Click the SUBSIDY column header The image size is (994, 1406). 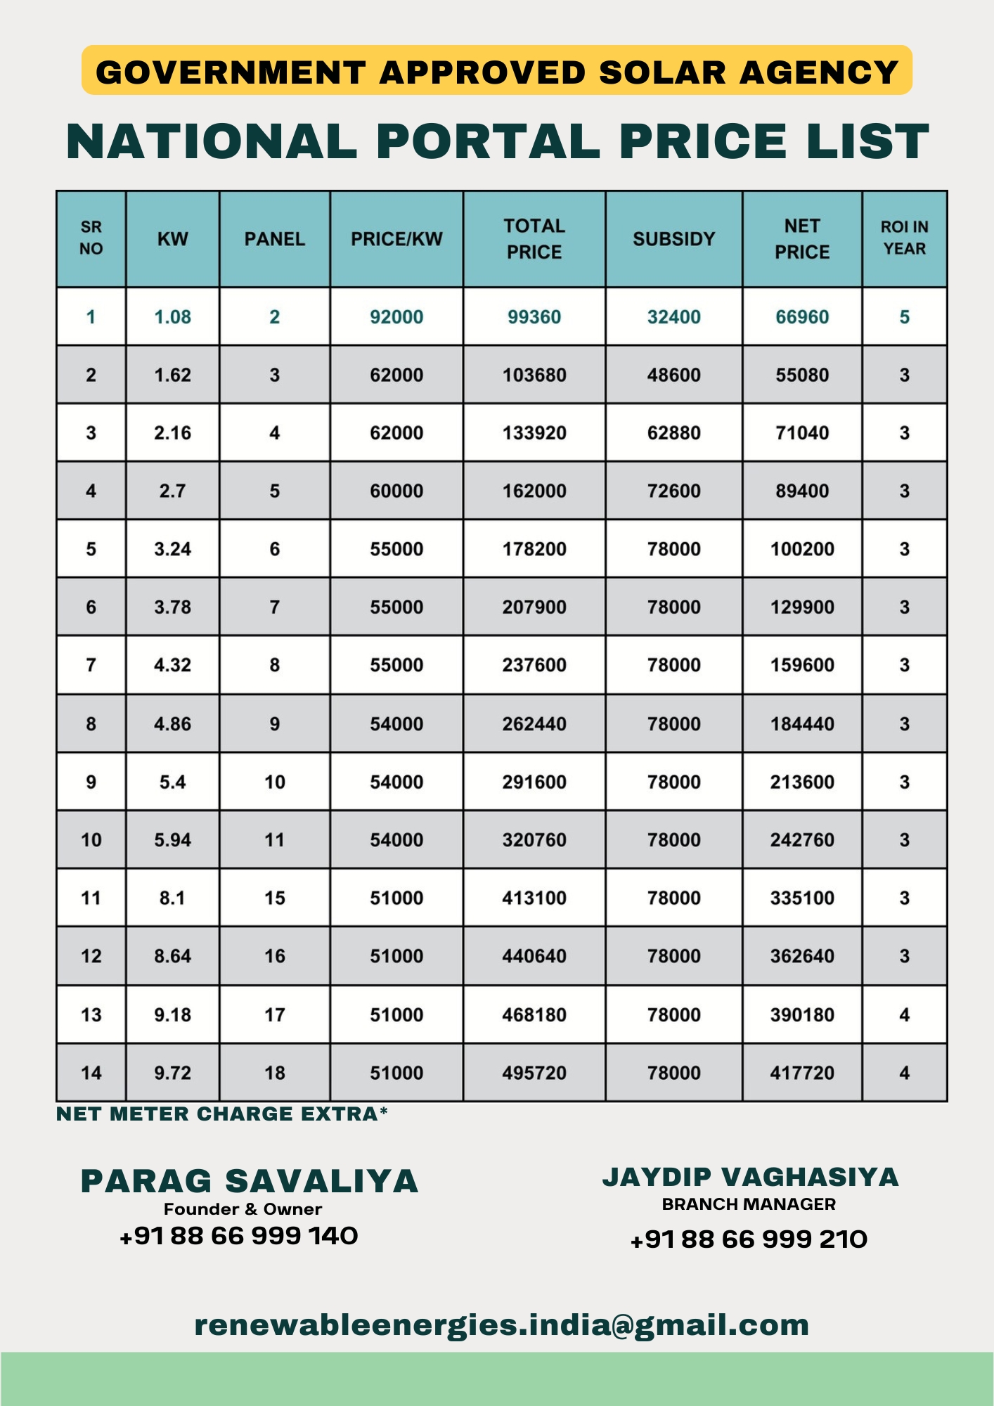[673, 239]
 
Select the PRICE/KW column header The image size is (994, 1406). [396, 239]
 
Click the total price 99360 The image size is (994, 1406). [534, 317]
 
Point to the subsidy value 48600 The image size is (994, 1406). [673, 375]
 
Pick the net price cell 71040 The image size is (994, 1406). [802, 433]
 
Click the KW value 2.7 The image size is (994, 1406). [172, 491]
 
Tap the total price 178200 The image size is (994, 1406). [534, 549]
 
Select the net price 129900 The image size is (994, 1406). [802, 607]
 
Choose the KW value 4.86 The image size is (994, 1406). [172, 724]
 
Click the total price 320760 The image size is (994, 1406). [534, 840]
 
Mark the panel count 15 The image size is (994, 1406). [274, 898]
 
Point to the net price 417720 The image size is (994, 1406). [802, 1073]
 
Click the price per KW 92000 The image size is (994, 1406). [396, 317]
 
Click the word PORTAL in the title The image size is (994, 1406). [488, 141]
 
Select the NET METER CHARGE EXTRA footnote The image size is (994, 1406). [221, 1114]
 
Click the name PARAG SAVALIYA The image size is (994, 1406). [250, 1182]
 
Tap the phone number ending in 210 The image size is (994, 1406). [749, 1239]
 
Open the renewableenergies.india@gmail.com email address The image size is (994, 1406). [501, 1325]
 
